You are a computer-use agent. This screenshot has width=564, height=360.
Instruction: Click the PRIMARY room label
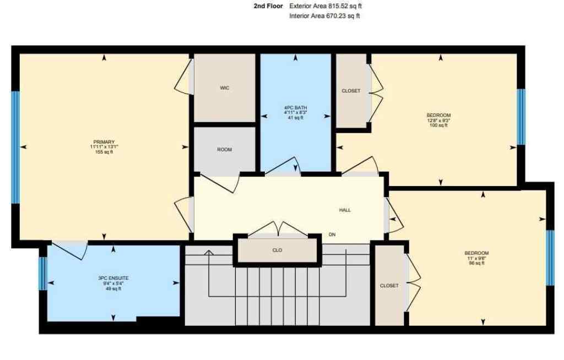[x=104, y=141]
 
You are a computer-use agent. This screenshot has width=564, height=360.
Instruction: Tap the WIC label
[x=224, y=88]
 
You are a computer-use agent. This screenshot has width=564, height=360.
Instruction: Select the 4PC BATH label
[x=295, y=107]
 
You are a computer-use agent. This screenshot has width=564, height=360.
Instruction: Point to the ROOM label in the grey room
[x=224, y=150]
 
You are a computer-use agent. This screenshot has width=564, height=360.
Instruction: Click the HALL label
[x=345, y=210]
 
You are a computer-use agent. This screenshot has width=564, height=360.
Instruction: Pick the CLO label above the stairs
[x=278, y=250]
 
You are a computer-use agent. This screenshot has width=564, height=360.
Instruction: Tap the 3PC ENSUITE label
[x=113, y=278]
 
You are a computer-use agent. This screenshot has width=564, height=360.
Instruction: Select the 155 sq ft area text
[x=104, y=152]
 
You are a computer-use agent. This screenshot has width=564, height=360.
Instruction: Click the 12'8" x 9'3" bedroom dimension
[x=438, y=120]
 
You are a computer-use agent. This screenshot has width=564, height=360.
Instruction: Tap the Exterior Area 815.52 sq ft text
[x=326, y=6]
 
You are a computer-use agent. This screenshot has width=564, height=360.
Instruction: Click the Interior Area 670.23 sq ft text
[x=324, y=17]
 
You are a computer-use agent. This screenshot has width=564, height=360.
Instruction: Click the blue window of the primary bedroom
[x=15, y=147]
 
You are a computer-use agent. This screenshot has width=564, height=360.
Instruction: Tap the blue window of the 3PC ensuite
[x=42, y=273]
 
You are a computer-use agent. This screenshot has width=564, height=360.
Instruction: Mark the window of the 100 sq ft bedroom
[x=521, y=117]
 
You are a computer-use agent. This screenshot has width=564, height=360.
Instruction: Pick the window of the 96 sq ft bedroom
[x=550, y=258]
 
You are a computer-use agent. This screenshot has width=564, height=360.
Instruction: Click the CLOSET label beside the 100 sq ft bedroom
[x=351, y=91]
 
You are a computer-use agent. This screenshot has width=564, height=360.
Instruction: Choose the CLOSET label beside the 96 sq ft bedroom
[x=389, y=286]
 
